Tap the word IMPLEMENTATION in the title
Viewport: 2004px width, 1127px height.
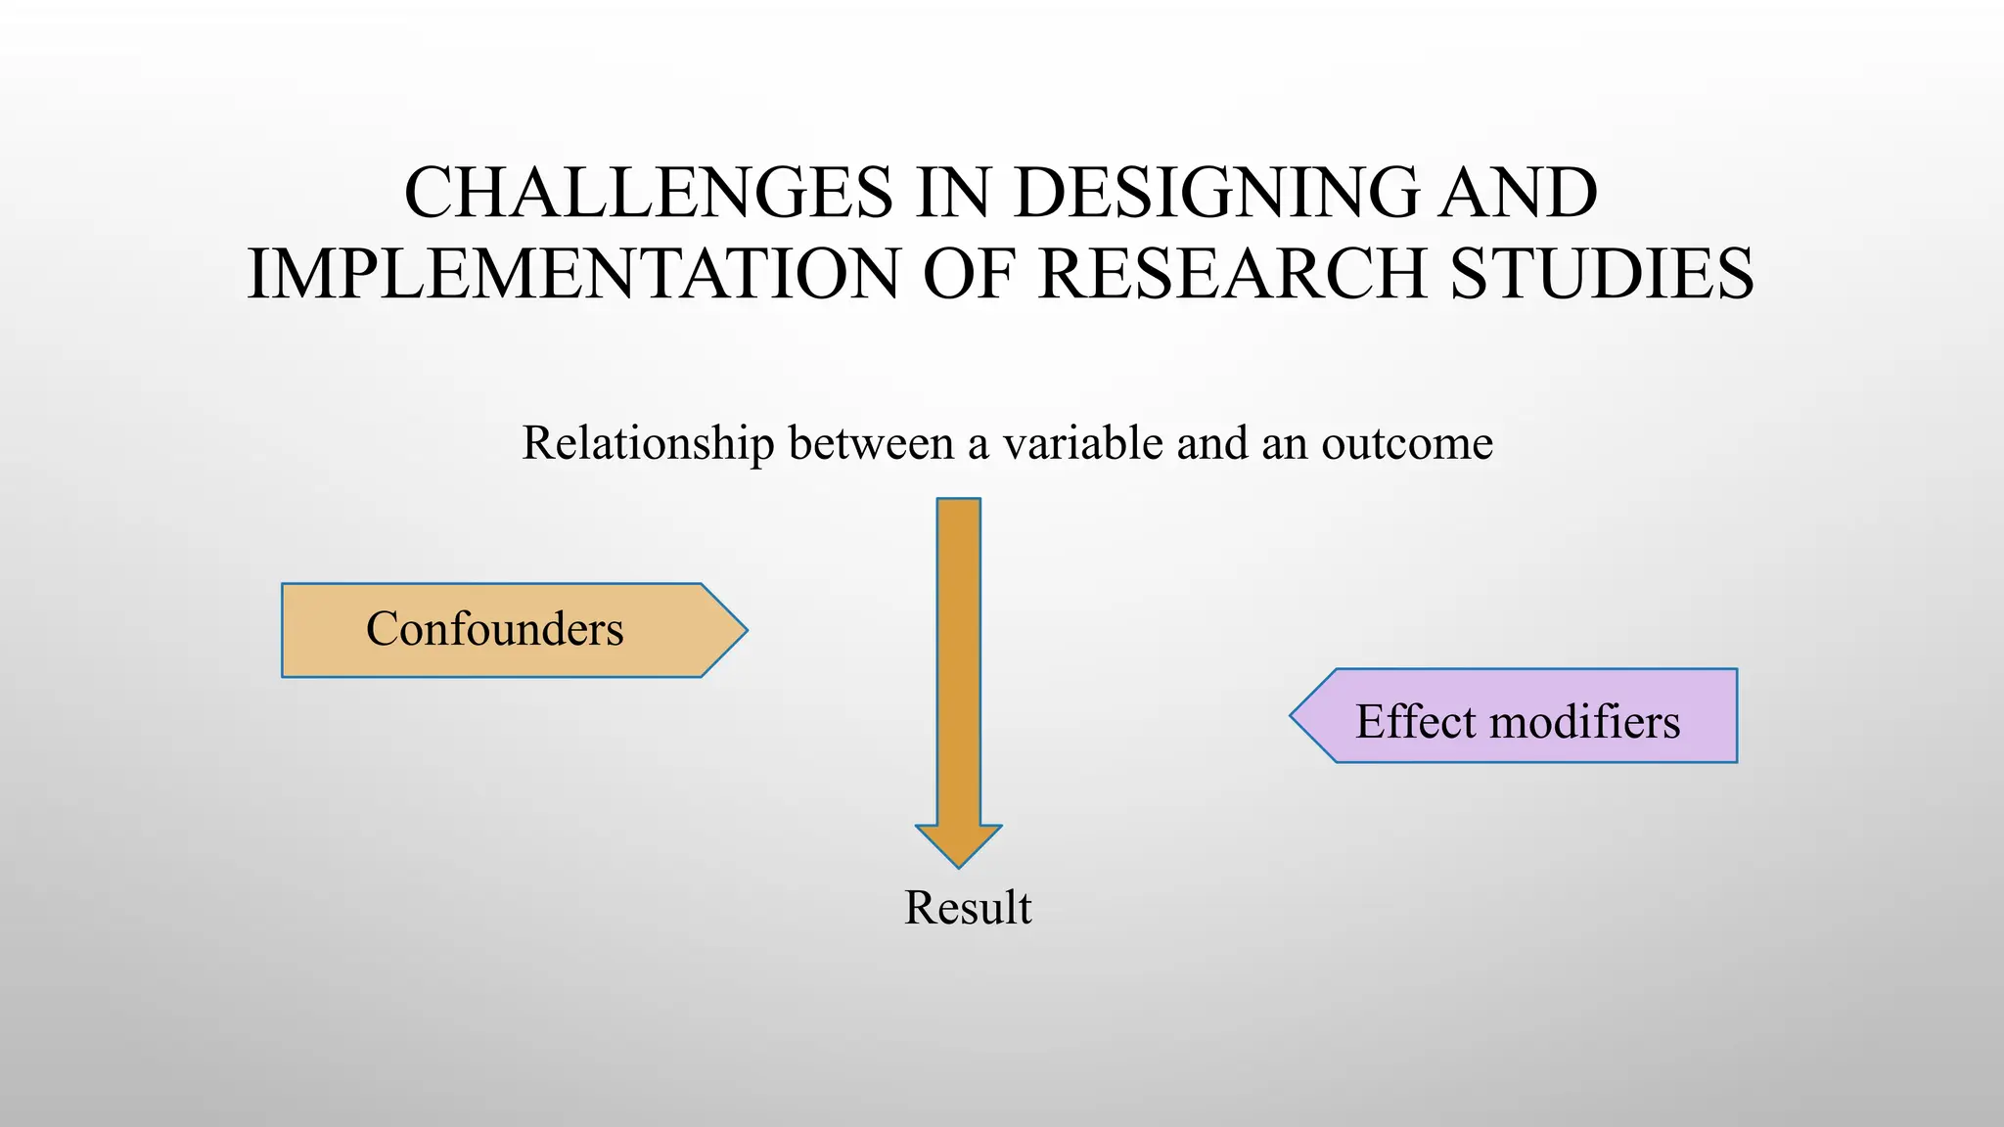[x=573, y=274]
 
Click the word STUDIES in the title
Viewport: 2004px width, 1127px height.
[x=1602, y=274]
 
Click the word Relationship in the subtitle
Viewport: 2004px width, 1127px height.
[x=648, y=443]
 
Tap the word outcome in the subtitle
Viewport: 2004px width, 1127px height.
[x=1407, y=443]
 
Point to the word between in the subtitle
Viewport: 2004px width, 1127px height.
[x=871, y=443]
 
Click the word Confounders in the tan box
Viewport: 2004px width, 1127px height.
[x=494, y=629]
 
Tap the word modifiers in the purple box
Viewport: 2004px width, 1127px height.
[x=1585, y=722]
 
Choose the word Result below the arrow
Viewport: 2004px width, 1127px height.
[x=967, y=908]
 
